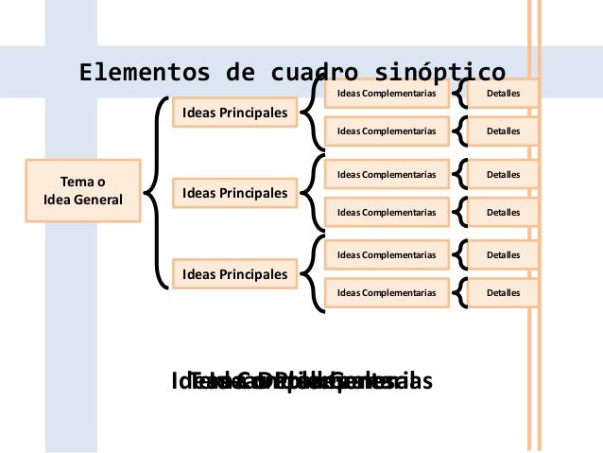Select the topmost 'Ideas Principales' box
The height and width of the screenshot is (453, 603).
pyautogui.click(x=234, y=113)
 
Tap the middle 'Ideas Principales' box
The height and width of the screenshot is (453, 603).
pyautogui.click(x=234, y=194)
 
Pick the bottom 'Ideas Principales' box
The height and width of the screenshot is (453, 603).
pyautogui.click(x=234, y=274)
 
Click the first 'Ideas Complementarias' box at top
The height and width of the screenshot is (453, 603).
pyautogui.click(x=386, y=95)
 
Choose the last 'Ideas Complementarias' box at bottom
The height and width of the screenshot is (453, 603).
pyautogui.click(x=386, y=293)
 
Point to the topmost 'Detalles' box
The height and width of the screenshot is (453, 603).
pyautogui.click(x=503, y=95)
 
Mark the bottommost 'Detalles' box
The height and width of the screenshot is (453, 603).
pyautogui.click(x=503, y=293)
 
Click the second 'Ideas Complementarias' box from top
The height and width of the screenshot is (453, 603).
pyautogui.click(x=386, y=131)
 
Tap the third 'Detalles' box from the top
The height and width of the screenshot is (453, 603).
pyautogui.click(x=503, y=175)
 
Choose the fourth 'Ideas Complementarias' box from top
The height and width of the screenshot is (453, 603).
pyautogui.click(x=386, y=212)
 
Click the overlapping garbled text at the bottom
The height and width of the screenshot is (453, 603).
pyautogui.click(x=301, y=381)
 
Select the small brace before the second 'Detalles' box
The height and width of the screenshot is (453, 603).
pyautogui.click(x=461, y=131)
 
